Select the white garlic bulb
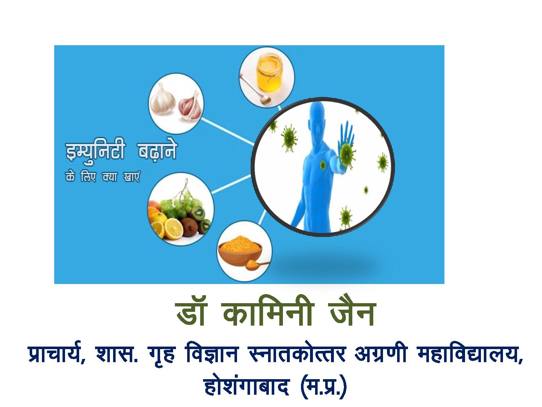tap(162, 99)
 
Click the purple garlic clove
tap(190, 106)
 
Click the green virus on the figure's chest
tap(322, 165)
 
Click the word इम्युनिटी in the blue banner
tap(95, 151)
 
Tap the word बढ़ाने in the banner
tap(157, 151)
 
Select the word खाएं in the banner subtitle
tap(132, 177)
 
